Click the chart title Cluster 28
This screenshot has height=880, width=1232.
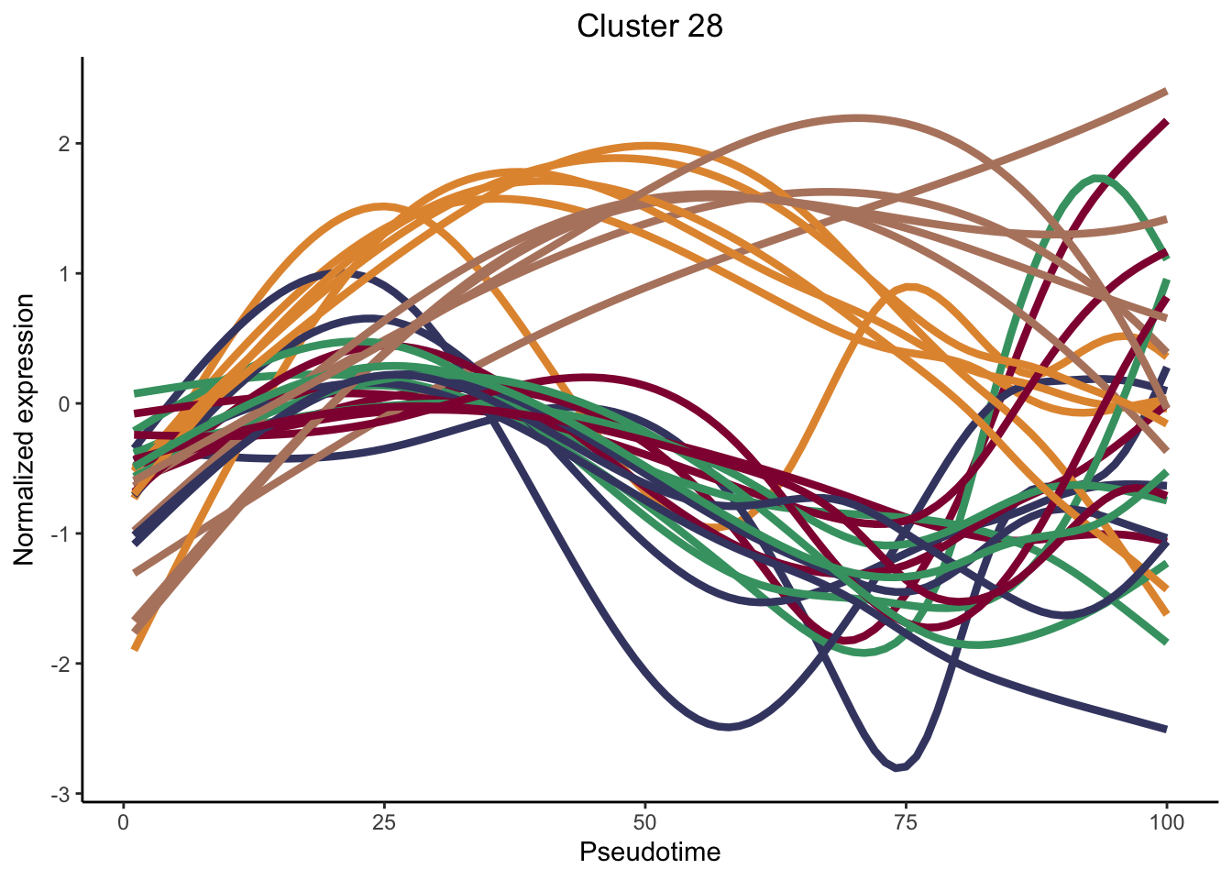pos(650,27)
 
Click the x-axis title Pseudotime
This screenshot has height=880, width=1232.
pos(650,852)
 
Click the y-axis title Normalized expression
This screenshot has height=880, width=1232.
pos(25,429)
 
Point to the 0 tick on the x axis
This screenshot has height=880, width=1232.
pos(124,822)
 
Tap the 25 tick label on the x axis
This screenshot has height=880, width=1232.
pos(384,822)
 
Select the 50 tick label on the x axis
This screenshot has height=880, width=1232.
pos(645,822)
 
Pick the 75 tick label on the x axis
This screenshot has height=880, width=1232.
pos(906,822)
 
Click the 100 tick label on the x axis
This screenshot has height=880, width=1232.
pos(1166,822)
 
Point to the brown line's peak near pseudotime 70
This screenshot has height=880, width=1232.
pos(856,118)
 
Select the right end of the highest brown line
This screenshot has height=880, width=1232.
pos(1165,92)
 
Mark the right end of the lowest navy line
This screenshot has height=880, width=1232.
pos(1165,730)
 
